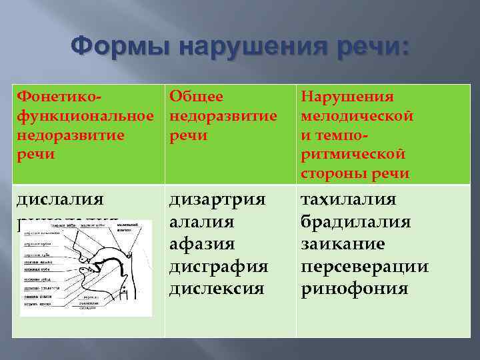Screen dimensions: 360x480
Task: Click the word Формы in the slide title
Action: (119, 48)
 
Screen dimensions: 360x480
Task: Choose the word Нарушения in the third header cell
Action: (347, 97)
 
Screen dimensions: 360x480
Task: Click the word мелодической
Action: (357, 116)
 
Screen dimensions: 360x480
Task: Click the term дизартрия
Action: (217, 200)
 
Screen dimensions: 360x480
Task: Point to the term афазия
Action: (201, 245)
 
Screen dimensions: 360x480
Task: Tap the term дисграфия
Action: (219, 267)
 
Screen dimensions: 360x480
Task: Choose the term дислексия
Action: (217, 289)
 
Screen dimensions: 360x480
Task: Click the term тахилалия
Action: (349, 200)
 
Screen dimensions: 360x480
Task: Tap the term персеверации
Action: (365, 267)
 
